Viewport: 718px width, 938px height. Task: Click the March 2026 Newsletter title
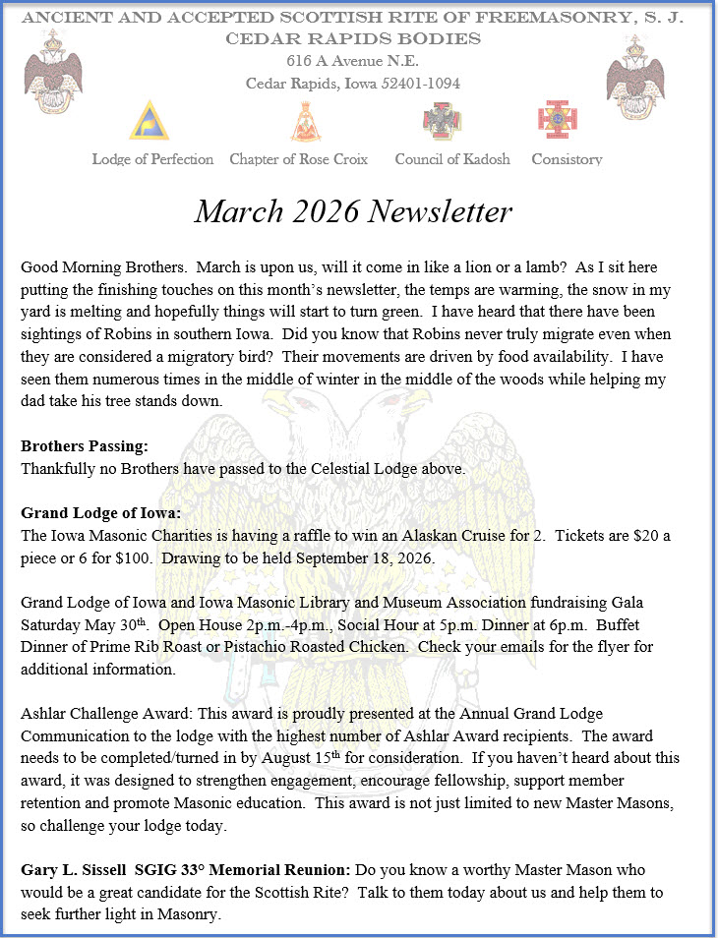(x=353, y=211)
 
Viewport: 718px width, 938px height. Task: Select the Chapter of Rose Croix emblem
(x=306, y=122)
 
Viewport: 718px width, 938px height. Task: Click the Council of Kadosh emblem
(x=438, y=121)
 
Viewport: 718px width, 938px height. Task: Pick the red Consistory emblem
(x=556, y=120)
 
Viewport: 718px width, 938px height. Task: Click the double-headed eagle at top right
(x=638, y=76)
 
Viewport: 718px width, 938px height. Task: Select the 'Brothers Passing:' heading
(x=84, y=446)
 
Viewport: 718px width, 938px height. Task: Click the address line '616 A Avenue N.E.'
(x=351, y=61)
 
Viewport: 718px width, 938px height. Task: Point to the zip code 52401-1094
(x=417, y=84)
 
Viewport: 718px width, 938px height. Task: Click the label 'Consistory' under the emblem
(x=567, y=159)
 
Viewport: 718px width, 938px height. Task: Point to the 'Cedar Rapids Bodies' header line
(x=353, y=39)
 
